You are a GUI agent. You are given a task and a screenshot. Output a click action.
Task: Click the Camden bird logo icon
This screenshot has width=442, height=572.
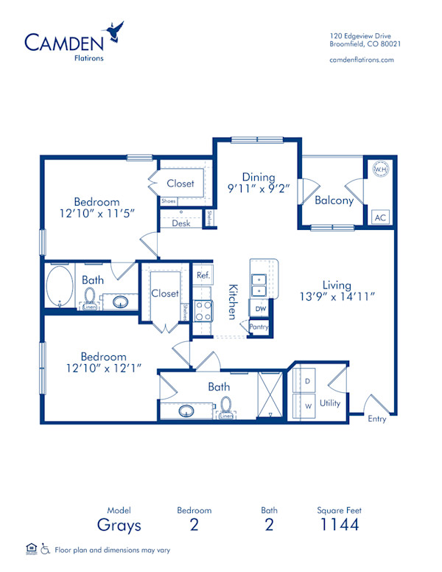pyautogui.click(x=114, y=31)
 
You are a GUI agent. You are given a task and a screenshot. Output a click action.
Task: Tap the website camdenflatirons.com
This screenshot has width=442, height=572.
pyautogui.click(x=362, y=60)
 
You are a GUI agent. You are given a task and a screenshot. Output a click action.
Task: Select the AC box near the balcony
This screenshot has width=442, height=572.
pyautogui.click(x=380, y=217)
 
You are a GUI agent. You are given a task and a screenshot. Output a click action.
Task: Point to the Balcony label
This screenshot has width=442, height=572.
pyautogui.click(x=334, y=200)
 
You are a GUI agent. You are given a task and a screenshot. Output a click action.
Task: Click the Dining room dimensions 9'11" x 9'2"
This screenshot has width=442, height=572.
pyautogui.click(x=259, y=187)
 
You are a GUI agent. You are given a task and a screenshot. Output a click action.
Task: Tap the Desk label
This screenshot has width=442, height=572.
pyautogui.click(x=180, y=223)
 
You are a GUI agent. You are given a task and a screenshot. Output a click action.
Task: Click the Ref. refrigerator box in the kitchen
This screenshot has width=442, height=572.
pyautogui.click(x=203, y=275)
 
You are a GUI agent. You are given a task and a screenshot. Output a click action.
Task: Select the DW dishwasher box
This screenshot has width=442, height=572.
pyautogui.click(x=260, y=309)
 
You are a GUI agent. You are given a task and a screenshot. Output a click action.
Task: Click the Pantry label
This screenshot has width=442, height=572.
pyautogui.click(x=259, y=327)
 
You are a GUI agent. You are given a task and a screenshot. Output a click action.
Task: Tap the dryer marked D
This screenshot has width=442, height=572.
pyautogui.click(x=307, y=380)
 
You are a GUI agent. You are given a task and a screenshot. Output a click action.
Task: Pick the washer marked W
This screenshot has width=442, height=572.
pyautogui.click(x=307, y=405)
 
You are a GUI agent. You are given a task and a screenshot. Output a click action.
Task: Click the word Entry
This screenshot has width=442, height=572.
pyautogui.click(x=377, y=419)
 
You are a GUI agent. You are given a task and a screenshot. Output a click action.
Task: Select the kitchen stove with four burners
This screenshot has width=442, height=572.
pyautogui.click(x=203, y=310)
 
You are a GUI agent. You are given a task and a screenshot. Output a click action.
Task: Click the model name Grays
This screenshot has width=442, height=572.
pyautogui.click(x=119, y=525)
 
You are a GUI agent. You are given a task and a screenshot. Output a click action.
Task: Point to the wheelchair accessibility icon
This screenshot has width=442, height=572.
pyautogui.click(x=45, y=548)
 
